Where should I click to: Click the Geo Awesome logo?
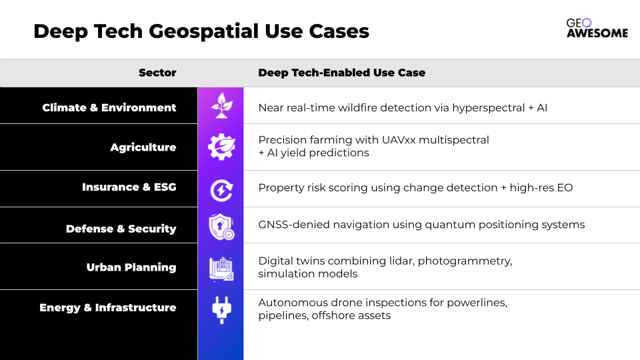[x=597, y=28]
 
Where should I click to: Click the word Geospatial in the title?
[x=203, y=31]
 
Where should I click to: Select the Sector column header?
[x=157, y=73]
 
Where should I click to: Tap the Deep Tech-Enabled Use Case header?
[x=341, y=73]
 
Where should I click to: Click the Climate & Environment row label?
[x=109, y=107]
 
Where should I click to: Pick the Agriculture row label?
[x=143, y=147]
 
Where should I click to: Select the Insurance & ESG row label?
[x=129, y=187]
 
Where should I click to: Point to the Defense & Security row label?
[x=121, y=229]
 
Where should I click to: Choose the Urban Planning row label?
[x=131, y=267]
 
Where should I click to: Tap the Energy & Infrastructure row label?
[x=108, y=307]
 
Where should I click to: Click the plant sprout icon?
[x=221, y=106]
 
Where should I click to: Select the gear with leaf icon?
[x=221, y=147]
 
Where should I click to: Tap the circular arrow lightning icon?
[x=221, y=190]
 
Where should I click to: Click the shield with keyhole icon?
[x=221, y=227]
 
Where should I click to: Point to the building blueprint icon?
[x=221, y=269]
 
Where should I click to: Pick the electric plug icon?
[x=221, y=310]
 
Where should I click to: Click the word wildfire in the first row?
[x=352, y=108]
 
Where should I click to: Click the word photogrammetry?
[x=465, y=261]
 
